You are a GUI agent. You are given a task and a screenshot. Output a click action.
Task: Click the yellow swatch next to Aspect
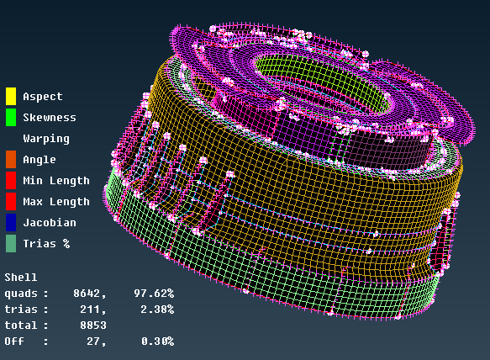click(x=11, y=96)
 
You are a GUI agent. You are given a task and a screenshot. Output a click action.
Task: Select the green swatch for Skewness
click(x=11, y=117)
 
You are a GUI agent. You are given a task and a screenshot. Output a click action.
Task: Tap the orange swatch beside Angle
click(x=11, y=159)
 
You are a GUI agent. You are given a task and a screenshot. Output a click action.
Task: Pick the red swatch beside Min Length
click(x=11, y=180)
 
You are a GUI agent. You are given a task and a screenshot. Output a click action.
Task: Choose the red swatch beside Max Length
click(x=11, y=201)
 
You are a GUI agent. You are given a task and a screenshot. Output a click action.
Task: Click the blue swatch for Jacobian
click(x=11, y=222)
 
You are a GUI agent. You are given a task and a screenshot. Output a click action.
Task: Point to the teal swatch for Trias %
click(x=11, y=243)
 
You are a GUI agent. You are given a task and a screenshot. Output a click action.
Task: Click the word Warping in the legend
click(x=46, y=139)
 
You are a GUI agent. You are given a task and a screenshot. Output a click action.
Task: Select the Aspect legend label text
click(x=43, y=97)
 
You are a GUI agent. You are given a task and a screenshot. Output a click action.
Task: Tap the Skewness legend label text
click(x=50, y=118)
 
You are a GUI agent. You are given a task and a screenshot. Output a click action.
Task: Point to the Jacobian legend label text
click(x=50, y=223)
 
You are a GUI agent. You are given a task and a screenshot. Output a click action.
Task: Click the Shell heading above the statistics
click(x=21, y=277)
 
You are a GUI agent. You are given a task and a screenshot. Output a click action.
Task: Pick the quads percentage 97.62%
click(x=153, y=293)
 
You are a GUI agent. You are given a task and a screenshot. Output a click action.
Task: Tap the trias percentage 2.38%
click(x=156, y=309)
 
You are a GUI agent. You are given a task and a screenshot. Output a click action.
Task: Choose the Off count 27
click(x=96, y=341)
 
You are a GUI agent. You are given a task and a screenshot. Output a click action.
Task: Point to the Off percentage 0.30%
click(x=156, y=341)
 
